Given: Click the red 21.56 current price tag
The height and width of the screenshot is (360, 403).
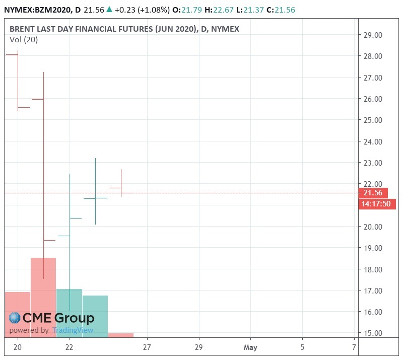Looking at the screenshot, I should (372, 193).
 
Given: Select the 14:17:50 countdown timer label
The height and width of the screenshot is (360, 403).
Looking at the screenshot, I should (376, 204).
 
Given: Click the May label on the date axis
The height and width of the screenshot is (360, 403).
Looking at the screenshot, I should (250, 347).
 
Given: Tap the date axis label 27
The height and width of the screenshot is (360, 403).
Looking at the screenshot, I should (147, 347).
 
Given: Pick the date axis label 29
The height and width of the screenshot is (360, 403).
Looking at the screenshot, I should (198, 347).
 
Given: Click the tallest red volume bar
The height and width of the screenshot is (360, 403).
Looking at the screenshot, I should (43, 297).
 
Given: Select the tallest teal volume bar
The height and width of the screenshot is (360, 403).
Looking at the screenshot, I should (69, 313).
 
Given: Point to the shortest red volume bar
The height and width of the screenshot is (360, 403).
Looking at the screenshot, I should (121, 335).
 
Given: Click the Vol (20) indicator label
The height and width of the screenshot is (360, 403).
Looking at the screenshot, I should (24, 40).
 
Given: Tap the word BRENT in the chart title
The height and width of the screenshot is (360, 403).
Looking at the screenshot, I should (24, 29).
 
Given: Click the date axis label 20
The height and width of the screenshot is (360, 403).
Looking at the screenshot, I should (18, 347).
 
